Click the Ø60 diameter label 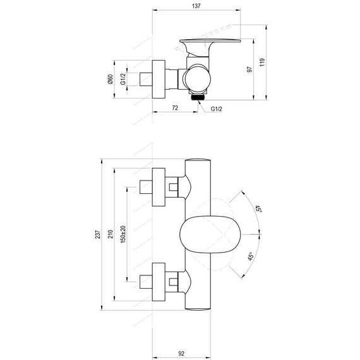(x=110, y=80)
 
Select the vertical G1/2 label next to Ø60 (x=123, y=80)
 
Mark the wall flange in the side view (x=160, y=80)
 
